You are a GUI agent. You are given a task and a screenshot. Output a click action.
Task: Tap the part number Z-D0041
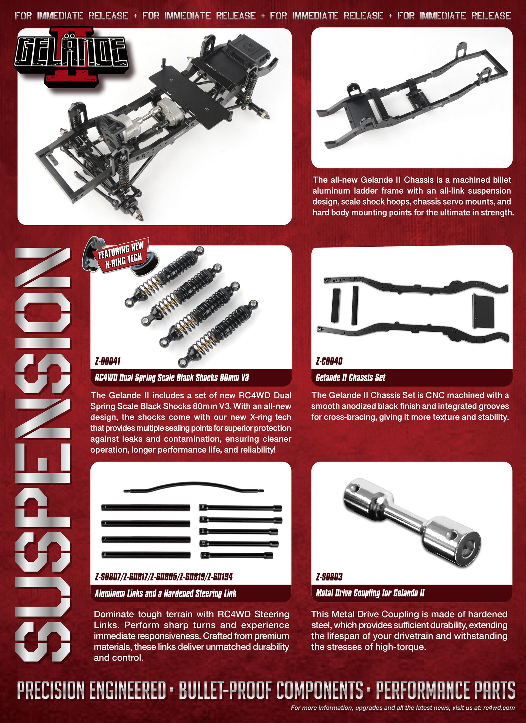(x=108, y=361)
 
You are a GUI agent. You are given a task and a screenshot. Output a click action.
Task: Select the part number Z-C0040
(x=329, y=361)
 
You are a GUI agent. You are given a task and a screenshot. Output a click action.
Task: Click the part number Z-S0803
(x=329, y=577)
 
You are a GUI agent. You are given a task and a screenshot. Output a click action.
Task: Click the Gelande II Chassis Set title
(x=350, y=378)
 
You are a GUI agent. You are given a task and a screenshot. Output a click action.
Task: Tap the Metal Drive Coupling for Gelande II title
(x=370, y=593)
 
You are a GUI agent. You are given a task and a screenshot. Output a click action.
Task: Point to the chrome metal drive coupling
(x=412, y=522)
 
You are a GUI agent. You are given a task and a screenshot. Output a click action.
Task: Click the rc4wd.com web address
(x=499, y=707)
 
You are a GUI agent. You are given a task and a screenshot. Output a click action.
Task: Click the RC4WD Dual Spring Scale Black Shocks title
(x=172, y=378)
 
